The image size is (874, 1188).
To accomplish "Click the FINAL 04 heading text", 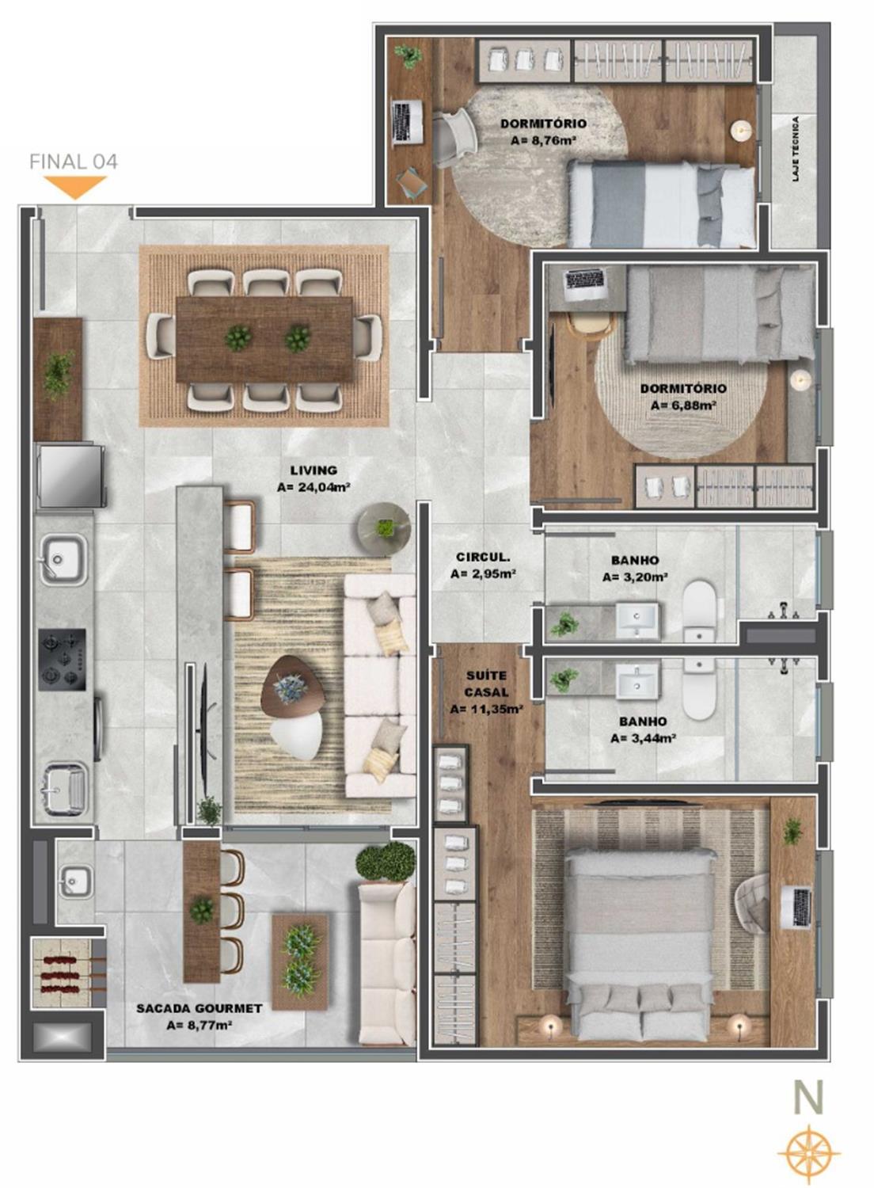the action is [x=74, y=162].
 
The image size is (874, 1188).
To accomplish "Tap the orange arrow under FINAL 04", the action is [x=75, y=188].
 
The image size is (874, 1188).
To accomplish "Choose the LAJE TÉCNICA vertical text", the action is [x=796, y=149].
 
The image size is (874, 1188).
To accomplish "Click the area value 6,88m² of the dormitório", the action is [x=683, y=406].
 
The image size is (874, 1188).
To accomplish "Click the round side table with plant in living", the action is [x=384, y=527].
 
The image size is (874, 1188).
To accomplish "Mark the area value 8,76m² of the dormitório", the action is [x=544, y=141].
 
